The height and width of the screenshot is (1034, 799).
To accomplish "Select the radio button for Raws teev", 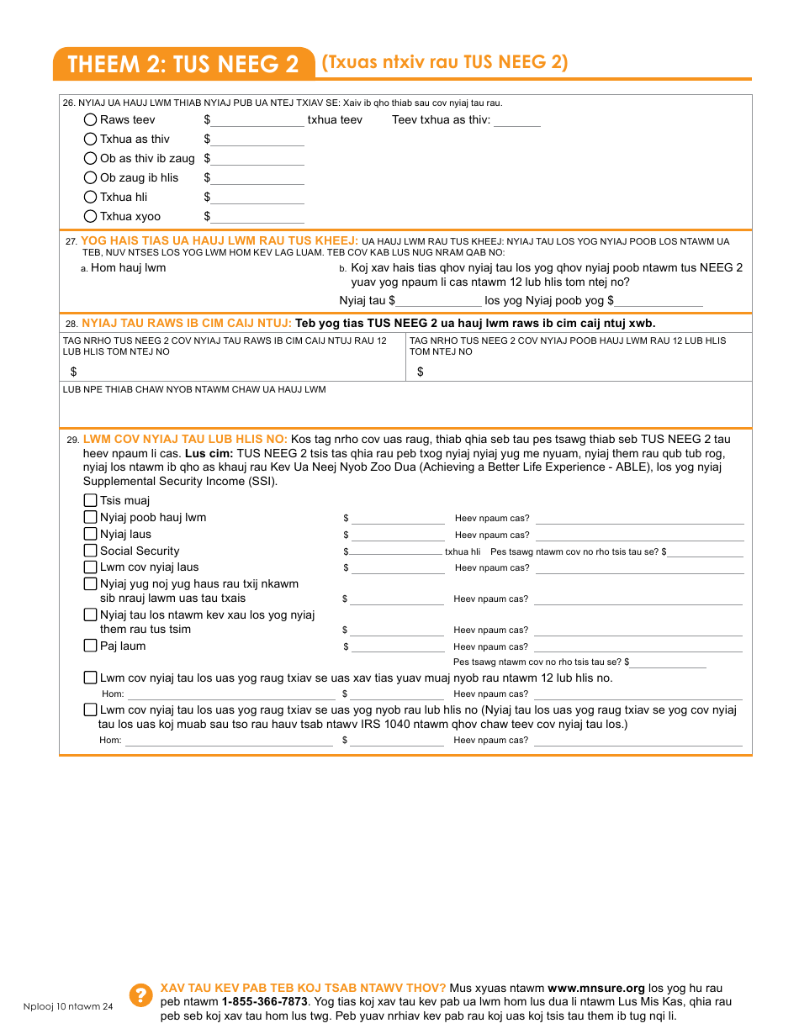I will coord(91,120).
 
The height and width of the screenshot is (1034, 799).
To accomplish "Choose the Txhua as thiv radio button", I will coord(91,140).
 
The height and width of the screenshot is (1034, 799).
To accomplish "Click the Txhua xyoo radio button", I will coord(91,217).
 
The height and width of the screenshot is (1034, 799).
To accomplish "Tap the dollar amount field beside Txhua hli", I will coord(257,198).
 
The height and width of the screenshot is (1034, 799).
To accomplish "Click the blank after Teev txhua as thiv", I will coord(517,121).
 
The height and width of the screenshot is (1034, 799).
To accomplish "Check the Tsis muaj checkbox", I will coord(91,500).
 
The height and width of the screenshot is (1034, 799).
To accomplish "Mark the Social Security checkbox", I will coord(91,551).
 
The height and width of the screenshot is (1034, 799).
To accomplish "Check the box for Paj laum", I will coord(91,646).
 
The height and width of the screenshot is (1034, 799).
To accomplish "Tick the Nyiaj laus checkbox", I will coord(91,534).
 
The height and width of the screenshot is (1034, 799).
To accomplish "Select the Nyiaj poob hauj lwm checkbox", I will coord(91,517).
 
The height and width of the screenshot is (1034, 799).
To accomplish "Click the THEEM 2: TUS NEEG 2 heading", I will coord(183,65).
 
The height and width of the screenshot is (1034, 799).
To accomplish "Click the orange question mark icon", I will coord(140,995).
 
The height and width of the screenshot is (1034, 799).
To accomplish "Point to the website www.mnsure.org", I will coord(596,989).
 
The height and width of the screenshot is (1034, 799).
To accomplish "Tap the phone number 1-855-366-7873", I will coord(264,1002).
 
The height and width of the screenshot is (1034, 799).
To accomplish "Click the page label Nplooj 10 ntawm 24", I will coord(68,1007).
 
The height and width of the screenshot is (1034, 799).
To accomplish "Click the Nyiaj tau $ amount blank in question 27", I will coord(440,301).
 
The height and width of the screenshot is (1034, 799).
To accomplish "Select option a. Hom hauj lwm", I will coord(128,268).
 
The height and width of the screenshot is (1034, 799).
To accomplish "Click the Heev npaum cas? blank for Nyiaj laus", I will coord(639,535).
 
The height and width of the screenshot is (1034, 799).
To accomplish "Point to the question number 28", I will coord(71,324).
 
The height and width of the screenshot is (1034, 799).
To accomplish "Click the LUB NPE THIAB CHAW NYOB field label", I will coord(194,390).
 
